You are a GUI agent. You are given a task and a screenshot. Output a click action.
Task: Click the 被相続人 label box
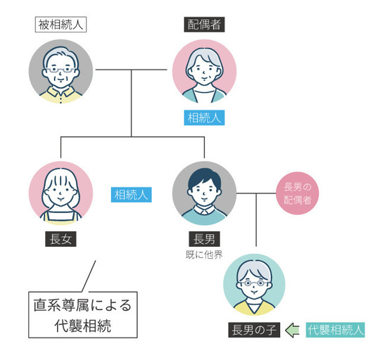tap(61, 25)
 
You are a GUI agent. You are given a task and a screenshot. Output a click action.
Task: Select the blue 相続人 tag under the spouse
tap(204, 117)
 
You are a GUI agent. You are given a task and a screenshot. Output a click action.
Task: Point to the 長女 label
tap(61, 239)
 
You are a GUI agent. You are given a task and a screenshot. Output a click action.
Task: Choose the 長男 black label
tap(204, 239)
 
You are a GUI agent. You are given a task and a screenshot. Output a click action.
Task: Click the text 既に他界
tap(204, 254)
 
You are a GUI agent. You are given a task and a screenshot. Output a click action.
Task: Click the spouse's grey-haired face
tap(204, 69)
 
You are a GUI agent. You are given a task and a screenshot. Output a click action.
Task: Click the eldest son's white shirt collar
tap(204, 211)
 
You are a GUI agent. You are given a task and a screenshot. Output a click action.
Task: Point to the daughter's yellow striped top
tap(61, 214)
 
